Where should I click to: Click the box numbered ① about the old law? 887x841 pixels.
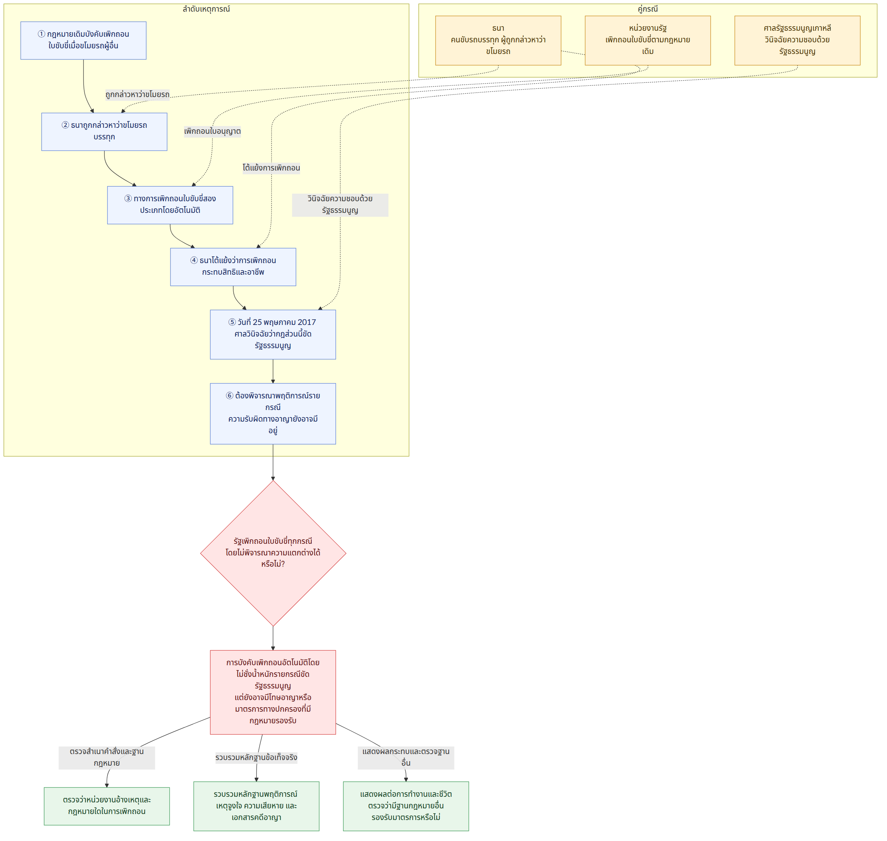[x=83, y=40]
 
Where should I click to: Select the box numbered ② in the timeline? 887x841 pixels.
[x=105, y=132]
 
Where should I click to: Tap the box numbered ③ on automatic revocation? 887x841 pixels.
[x=170, y=205]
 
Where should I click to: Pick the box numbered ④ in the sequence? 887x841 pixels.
[x=233, y=267]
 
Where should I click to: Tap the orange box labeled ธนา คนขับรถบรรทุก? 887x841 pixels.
[x=499, y=41]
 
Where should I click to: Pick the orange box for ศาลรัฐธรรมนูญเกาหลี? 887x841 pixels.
[x=798, y=41]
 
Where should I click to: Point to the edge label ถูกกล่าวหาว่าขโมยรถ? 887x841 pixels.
[x=137, y=94]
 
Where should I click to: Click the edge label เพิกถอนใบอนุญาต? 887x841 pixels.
[x=212, y=131]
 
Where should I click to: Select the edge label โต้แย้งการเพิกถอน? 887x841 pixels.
[x=272, y=168]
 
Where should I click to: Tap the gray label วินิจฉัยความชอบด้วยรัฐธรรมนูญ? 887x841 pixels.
[x=340, y=205]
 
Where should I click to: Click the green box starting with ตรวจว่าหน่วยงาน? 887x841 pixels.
[x=107, y=806]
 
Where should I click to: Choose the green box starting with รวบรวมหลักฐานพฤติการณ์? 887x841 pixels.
[x=257, y=806]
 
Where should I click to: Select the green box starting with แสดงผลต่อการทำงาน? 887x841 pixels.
[x=406, y=806]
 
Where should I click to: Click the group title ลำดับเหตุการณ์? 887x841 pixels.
[x=206, y=9]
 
